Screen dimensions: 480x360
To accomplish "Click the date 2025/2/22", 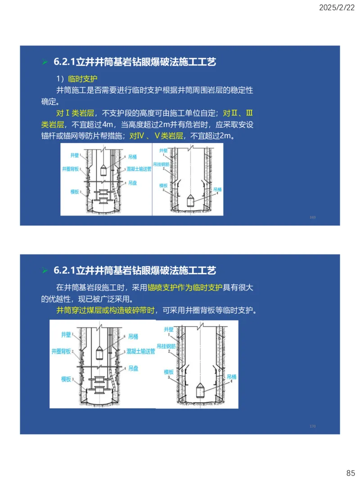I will tap(337, 8).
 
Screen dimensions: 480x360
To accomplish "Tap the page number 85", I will tap(351, 473).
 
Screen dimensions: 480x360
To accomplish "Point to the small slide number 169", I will tap(313, 217).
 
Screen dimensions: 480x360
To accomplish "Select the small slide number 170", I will tap(313, 426).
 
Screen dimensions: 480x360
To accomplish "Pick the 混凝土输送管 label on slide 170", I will tap(140, 351).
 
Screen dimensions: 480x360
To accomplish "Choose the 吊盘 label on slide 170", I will tap(133, 368).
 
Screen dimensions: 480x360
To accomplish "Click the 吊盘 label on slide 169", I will tap(132, 183).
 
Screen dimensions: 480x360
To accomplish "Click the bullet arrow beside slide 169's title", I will tap(45, 62).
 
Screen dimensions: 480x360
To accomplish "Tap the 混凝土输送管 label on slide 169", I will tap(141, 170).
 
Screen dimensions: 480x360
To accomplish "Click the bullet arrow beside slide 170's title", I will tap(45, 270).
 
